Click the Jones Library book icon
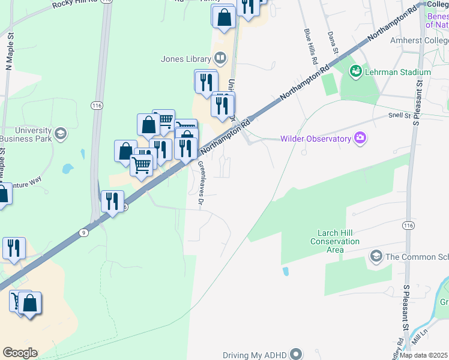[x=220, y=59]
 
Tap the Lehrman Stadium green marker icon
[x=356, y=72]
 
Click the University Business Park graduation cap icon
[x=60, y=133]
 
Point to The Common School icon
[x=376, y=257]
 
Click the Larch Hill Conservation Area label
[x=335, y=241]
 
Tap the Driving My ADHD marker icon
[x=296, y=354]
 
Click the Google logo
[x=20, y=353]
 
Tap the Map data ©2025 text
[x=423, y=355]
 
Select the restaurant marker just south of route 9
[x=112, y=202]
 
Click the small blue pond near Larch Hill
[x=286, y=271]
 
